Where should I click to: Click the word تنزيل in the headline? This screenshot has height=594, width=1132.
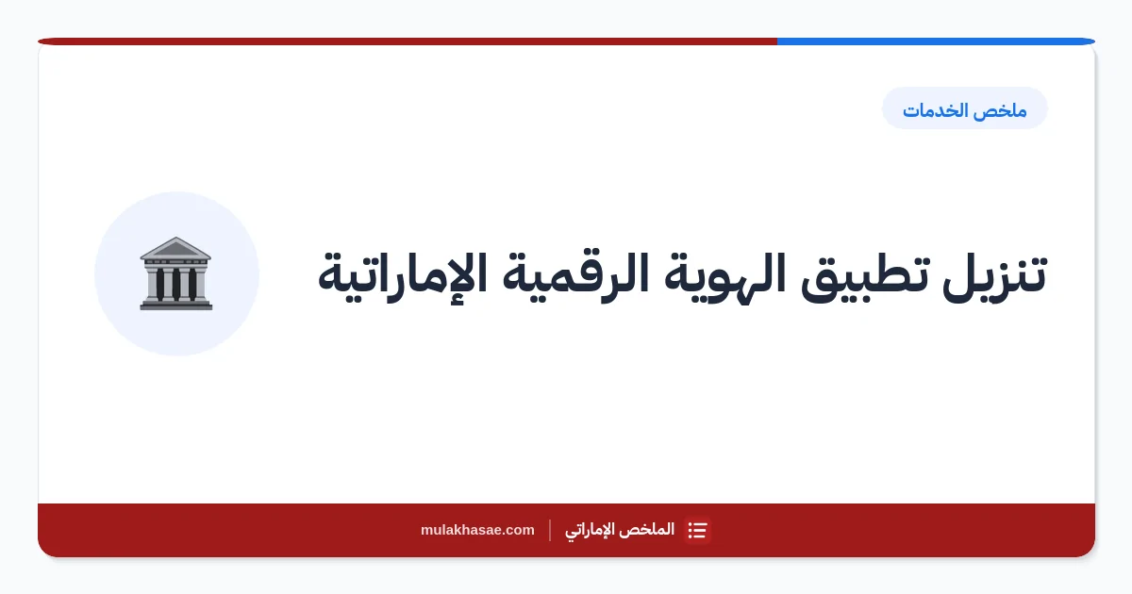coord(994,274)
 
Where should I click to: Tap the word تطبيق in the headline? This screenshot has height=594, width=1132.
coord(865,277)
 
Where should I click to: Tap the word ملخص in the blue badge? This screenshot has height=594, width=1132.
coord(1006,110)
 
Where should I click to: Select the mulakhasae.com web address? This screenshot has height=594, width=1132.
coord(477,530)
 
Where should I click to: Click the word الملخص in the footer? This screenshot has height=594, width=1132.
coord(649,529)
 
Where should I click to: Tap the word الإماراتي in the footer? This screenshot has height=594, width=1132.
coord(591,530)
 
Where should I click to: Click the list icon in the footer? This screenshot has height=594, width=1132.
coord(697,530)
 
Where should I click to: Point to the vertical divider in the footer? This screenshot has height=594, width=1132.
coord(550,530)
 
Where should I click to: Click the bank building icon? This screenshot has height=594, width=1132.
coord(175,273)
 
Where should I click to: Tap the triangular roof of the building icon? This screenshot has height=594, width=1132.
coord(175,248)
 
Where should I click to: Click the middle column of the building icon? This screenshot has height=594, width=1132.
coord(175,284)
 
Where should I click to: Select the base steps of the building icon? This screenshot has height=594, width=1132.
coord(175,305)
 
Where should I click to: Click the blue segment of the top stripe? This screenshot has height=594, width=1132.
coord(936,41)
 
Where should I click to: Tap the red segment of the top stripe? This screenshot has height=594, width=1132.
coord(408,41)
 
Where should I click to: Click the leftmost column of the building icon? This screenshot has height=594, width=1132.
coord(159,284)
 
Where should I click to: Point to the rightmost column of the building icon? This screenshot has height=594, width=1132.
coord(192,284)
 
